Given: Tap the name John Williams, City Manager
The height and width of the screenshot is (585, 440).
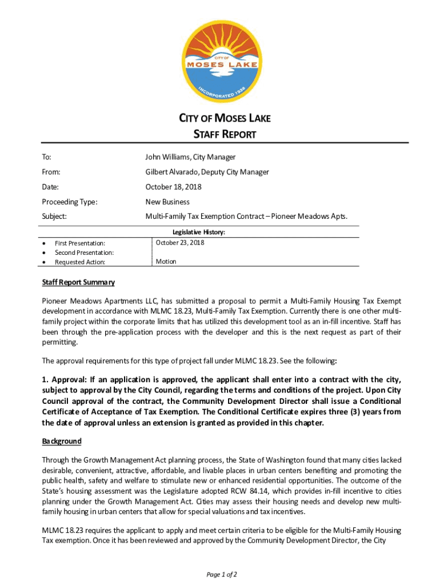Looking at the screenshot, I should tap(190, 157).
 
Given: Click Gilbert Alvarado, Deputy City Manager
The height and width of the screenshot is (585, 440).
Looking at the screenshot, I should tap(207, 172).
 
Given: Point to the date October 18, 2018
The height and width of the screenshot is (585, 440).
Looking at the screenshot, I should tap(173, 187).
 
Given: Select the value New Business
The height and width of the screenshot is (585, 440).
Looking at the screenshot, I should tap(167, 202).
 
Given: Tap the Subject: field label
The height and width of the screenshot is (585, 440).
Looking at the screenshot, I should tap(55, 217).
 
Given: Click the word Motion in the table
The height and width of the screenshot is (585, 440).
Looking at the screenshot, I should tap(166, 262).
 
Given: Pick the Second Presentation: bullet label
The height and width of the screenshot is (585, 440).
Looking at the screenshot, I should tap(84, 253).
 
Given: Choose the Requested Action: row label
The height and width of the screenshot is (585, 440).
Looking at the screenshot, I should tap(80, 262).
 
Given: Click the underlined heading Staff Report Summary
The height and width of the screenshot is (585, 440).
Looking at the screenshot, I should tap(78, 282).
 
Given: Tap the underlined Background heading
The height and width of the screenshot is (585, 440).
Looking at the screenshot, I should tap(62, 441).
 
